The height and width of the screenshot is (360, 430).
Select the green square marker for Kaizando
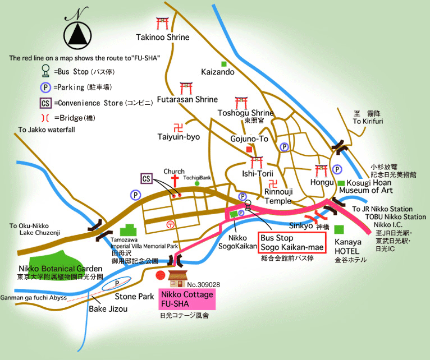click(224, 63)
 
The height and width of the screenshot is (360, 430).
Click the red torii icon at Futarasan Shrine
click(186, 88)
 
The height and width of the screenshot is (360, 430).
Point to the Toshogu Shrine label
click(245, 113)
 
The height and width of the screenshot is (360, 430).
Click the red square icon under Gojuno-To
click(249, 149)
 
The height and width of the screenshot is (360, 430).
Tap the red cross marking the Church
click(175, 181)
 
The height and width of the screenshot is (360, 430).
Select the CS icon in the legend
click(45, 103)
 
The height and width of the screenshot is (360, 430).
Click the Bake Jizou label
click(108, 309)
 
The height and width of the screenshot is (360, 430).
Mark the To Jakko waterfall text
click(46, 130)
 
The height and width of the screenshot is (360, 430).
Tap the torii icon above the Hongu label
click(322, 170)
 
